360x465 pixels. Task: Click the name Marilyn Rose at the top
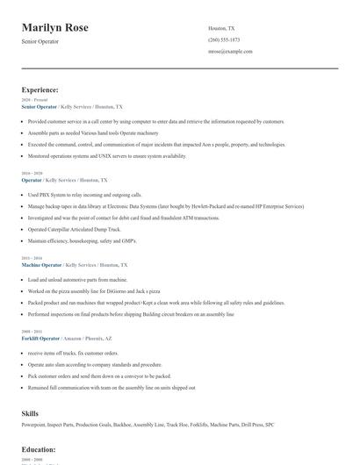[x=54, y=28]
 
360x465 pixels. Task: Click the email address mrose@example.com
[x=230, y=52]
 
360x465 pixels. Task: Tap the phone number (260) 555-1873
[x=224, y=40]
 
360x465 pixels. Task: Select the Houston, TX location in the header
[x=221, y=28]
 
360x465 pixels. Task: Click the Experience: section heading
[x=40, y=89]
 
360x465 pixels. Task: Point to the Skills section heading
[x=31, y=412]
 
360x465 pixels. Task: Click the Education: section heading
[x=39, y=450]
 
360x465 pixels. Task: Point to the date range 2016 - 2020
[x=33, y=174]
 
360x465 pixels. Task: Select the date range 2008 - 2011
[x=33, y=331]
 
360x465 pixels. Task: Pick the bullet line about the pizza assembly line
[x=93, y=290]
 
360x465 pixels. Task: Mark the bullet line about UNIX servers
[x=106, y=156]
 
